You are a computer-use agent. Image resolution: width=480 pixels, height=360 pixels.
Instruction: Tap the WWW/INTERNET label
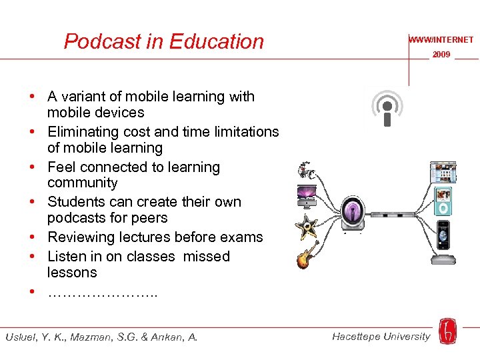pyautogui.click(x=441, y=40)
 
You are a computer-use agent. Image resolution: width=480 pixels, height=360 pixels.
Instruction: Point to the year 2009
pyautogui.click(x=441, y=55)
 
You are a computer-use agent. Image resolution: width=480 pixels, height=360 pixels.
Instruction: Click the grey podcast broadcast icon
pyautogui.click(x=387, y=109)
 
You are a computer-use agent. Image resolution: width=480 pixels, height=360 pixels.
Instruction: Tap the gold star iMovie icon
pyautogui.click(x=307, y=227)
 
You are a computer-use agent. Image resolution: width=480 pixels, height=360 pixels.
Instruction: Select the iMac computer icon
pyautogui.click(x=307, y=196)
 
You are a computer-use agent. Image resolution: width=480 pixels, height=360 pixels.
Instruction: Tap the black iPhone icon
pyautogui.click(x=443, y=234)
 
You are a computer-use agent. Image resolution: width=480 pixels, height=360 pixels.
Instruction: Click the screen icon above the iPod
pyautogui.click(x=443, y=173)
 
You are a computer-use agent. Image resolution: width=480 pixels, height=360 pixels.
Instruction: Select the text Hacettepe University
pyautogui.click(x=381, y=336)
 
